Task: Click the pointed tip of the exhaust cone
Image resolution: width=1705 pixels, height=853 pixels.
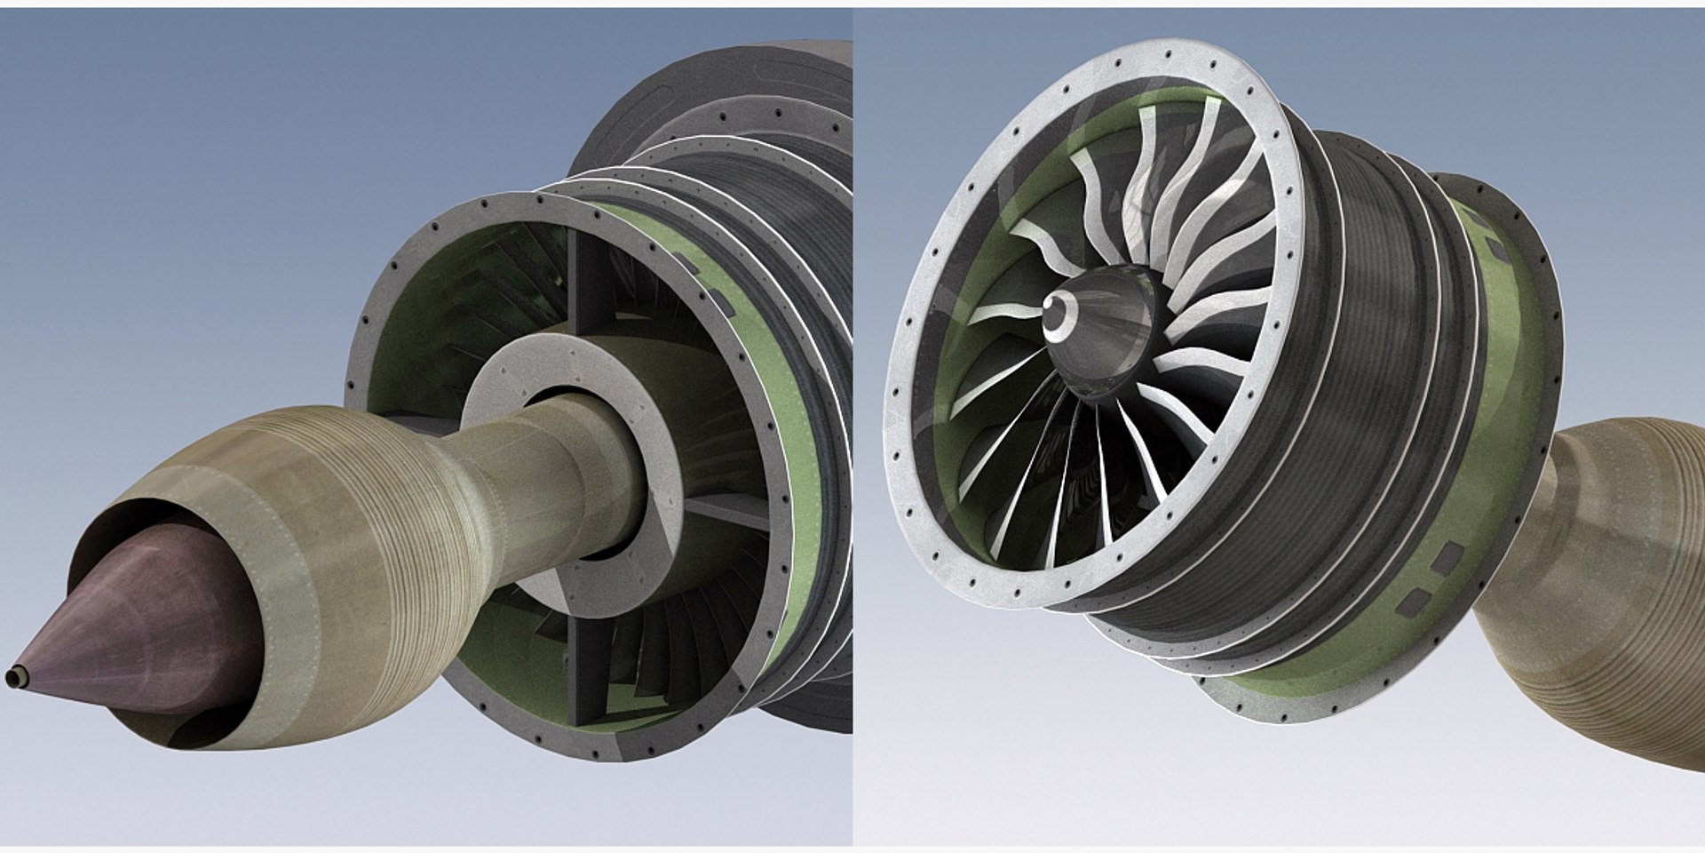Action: click(x=12, y=678)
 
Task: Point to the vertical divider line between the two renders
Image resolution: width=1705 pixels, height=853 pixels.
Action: click(x=852, y=426)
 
